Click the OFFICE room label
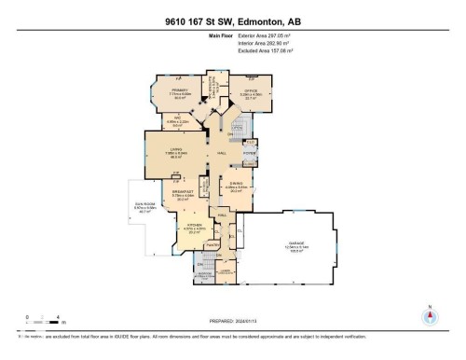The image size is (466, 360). click(250, 92)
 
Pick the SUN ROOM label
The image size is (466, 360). click(144, 209)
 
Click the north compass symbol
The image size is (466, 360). click(429, 316)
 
